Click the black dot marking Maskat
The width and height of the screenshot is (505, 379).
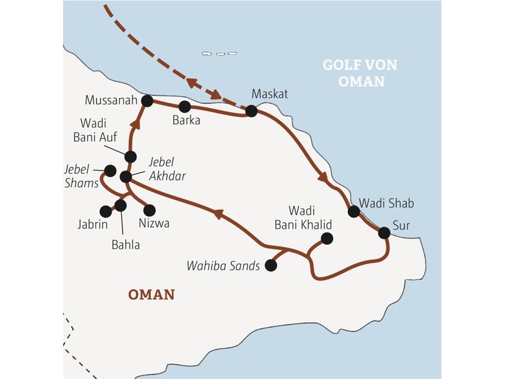point(251,111)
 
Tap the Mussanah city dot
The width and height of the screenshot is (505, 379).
point(148,100)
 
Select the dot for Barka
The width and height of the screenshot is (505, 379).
point(185,107)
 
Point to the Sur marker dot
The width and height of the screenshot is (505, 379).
point(384,232)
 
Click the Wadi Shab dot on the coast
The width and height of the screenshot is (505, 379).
point(354,212)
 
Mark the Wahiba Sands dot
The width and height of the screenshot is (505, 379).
point(271,266)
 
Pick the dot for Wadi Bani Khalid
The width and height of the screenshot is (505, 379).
point(326,238)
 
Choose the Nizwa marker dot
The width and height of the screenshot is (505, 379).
point(150,210)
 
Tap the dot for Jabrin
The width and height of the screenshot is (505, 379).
point(105,212)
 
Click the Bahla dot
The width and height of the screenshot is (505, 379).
point(121,205)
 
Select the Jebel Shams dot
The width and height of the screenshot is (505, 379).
point(110,171)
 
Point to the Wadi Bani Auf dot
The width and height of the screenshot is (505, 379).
point(131,157)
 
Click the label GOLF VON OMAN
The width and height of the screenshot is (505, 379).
point(360,73)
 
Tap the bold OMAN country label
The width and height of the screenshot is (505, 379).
point(151,294)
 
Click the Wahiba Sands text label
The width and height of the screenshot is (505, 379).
point(223,266)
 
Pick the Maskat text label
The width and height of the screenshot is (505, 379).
point(270,93)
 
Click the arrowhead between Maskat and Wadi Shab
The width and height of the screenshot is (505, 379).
point(323,178)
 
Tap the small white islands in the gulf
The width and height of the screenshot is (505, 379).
point(219,53)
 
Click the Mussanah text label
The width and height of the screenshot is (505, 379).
point(111,100)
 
